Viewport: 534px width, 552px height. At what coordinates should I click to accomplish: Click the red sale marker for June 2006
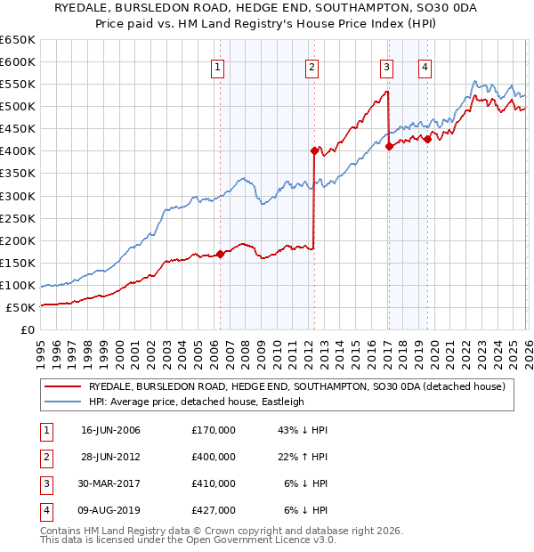pyautogui.click(x=220, y=254)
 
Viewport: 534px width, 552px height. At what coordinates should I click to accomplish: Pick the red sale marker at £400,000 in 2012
pyautogui.click(x=314, y=150)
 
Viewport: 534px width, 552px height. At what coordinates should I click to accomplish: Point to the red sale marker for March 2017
pyautogui.click(x=389, y=146)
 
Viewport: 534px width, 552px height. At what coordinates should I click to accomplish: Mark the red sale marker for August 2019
pyautogui.click(x=427, y=139)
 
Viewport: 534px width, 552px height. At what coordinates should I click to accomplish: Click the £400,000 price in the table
pyautogui.click(x=214, y=457)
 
